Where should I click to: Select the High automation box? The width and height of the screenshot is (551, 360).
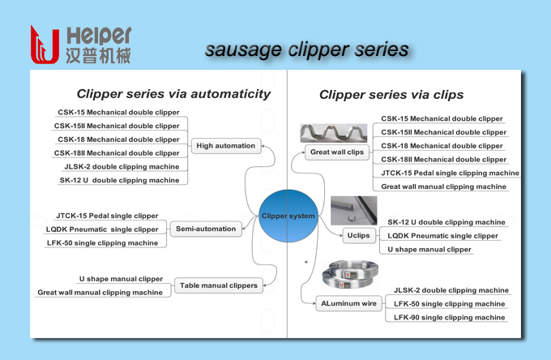click(x=226, y=146)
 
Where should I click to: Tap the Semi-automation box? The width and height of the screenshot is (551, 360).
click(x=206, y=229)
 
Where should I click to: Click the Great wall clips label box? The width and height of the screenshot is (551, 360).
click(x=337, y=152)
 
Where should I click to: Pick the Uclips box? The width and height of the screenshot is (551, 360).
click(x=357, y=235)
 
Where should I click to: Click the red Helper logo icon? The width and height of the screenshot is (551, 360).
click(x=44, y=44)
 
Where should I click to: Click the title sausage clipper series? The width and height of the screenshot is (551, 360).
click(x=307, y=49)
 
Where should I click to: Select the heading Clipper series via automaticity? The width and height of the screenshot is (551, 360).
click(x=173, y=94)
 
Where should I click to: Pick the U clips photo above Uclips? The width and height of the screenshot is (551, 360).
click(x=353, y=210)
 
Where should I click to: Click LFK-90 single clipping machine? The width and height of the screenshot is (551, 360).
click(x=449, y=318)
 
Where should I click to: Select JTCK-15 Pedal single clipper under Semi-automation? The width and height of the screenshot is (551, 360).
click(x=107, y=216)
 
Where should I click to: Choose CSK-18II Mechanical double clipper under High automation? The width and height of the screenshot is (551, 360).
click(x=117, y=152)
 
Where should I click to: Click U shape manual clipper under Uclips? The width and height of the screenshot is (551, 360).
click(x=429, y=250)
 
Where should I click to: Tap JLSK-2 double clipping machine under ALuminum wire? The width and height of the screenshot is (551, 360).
click(x=451, y=290)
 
